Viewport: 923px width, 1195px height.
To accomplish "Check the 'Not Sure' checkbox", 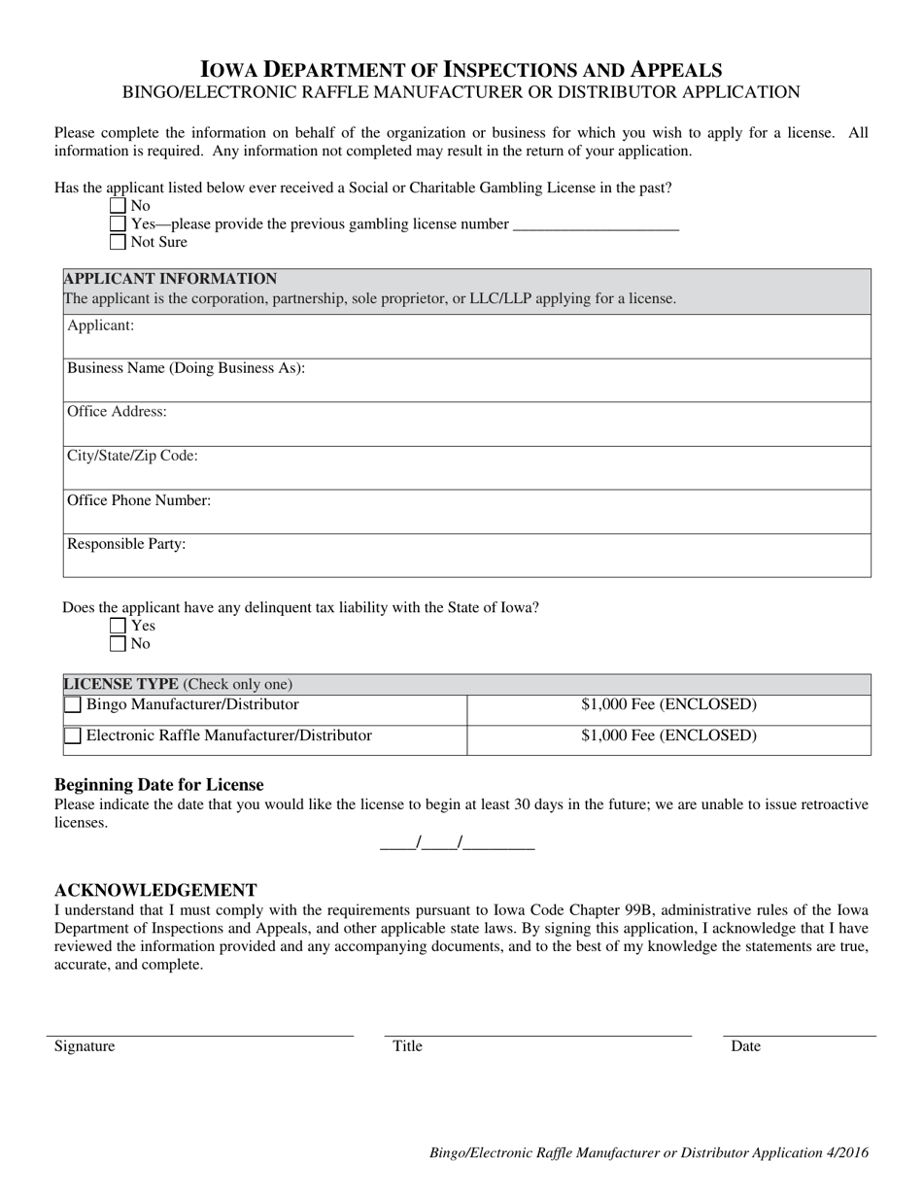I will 119,242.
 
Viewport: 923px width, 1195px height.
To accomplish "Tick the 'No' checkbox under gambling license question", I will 119,206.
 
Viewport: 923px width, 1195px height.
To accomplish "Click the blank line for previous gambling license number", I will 595,225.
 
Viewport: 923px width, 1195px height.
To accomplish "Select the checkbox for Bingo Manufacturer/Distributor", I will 73,705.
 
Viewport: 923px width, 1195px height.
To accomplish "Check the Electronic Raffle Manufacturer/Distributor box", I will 73,736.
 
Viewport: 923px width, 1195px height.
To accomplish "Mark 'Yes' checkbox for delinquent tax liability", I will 119,626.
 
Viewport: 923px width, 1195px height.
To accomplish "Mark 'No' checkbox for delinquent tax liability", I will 119,643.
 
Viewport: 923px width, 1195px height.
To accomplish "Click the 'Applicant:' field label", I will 100,325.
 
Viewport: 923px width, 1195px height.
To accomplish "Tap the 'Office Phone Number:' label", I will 139,500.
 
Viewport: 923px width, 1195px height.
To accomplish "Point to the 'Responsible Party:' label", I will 126,544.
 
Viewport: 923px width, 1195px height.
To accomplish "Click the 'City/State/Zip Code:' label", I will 132,456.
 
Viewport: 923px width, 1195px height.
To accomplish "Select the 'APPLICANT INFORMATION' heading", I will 170,279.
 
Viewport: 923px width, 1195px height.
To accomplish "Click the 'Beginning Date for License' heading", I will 158,784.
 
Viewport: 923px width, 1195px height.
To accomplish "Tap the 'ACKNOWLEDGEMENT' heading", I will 155,890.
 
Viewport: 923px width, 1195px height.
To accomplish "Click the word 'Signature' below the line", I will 85,1046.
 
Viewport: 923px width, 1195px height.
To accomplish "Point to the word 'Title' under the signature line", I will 407,1046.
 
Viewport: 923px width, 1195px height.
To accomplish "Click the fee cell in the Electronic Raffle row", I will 668,735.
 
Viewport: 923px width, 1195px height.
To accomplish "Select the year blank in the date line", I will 499,843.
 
